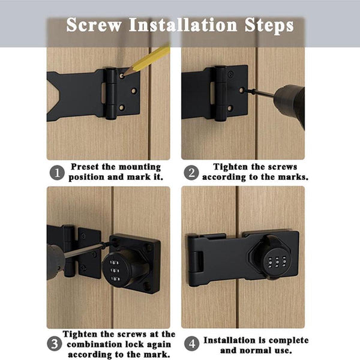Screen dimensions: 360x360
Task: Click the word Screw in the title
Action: pos(94,25)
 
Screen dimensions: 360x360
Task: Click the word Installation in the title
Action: pos(183,25)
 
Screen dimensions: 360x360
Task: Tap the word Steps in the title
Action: pos(269,26)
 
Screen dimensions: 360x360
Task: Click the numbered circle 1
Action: pos(57,173)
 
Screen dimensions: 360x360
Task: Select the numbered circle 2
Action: pos(191,173)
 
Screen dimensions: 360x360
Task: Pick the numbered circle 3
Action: pos(55,344)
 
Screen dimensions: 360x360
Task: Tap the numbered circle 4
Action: pos(192,344)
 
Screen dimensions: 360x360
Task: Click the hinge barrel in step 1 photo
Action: pos(111,94)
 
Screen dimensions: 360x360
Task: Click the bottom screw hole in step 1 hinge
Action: pos(121,107)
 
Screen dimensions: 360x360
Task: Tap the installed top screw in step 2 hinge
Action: pos(230,73)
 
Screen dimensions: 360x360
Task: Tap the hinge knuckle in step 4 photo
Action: pos(196,262)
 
